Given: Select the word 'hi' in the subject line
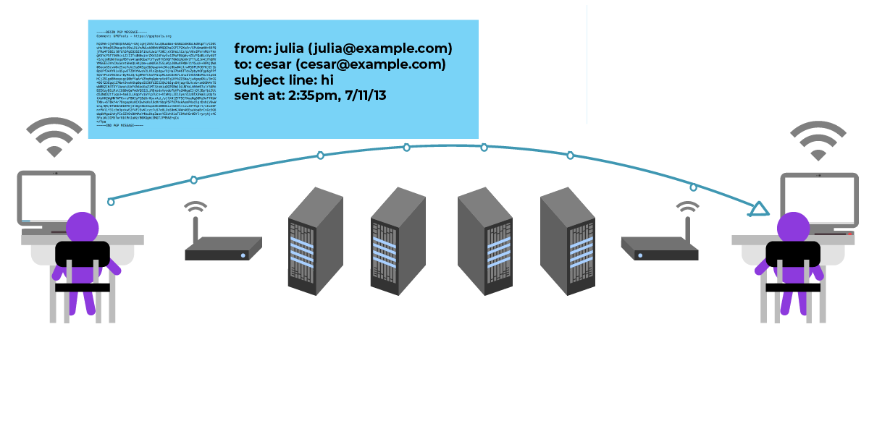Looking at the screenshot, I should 324,80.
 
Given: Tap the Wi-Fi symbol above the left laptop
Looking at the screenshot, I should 54,137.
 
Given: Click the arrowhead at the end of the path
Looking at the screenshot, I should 758,209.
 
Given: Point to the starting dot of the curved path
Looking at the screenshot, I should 111,202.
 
